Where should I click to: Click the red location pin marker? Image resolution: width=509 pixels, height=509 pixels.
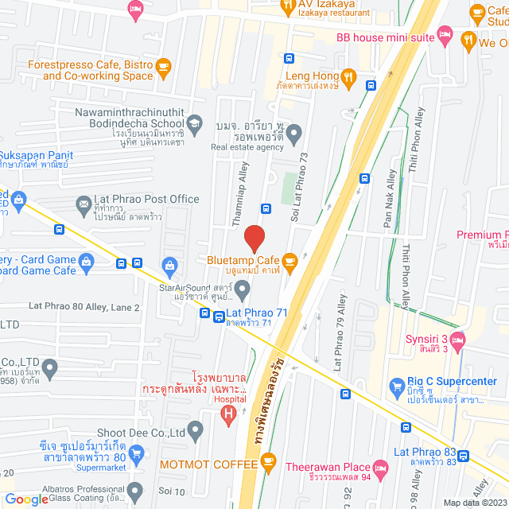(254, 238)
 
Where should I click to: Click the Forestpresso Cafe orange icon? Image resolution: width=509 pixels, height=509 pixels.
(164, 66)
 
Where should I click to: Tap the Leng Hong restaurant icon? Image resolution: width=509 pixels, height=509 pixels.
(348, 79)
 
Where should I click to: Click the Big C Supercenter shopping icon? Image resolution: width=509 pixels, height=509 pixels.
(397, 388)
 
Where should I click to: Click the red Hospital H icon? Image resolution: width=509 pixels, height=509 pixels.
(229, 413)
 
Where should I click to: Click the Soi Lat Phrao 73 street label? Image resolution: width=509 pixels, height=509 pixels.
(301, 190)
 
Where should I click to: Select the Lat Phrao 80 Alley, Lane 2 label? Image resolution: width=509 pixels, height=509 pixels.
(84, 307)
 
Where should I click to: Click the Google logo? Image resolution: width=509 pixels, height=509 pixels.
(25, 499)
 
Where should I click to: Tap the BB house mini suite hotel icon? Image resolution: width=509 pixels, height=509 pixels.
(445, 37)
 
